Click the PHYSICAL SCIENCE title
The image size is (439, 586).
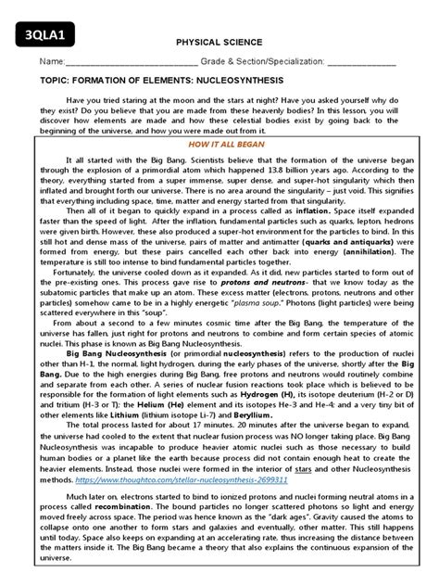[x=219, y=43]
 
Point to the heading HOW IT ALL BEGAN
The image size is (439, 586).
[x=219, y=146]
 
